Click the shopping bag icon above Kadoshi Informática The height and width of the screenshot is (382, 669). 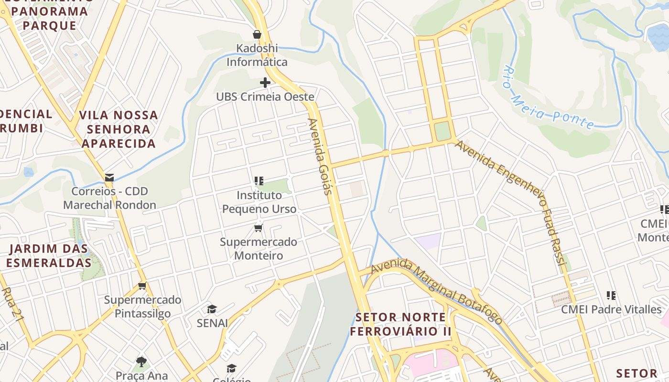[257, 34]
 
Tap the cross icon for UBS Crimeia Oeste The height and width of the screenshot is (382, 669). [265, 83]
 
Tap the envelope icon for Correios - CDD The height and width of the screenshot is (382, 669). [109, 178]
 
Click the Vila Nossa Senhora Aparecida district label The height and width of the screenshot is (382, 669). [119, 129]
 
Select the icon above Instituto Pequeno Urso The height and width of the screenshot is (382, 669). [259, 181]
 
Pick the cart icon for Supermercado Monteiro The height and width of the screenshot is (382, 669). [259, 228]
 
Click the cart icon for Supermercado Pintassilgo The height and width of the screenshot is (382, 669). [142, 286]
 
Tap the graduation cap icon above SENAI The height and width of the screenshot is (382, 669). [212, 309]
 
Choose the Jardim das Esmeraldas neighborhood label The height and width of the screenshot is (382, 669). [49, 255]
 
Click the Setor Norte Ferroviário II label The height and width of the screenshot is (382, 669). [400, 324]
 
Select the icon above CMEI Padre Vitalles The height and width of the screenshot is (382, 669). [611, 296]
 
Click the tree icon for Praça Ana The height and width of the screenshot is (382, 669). [141, 361]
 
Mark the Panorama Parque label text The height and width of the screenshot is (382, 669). [50, 18]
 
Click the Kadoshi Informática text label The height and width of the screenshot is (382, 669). [257, 55]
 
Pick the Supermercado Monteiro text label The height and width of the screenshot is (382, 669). [259, 248]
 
